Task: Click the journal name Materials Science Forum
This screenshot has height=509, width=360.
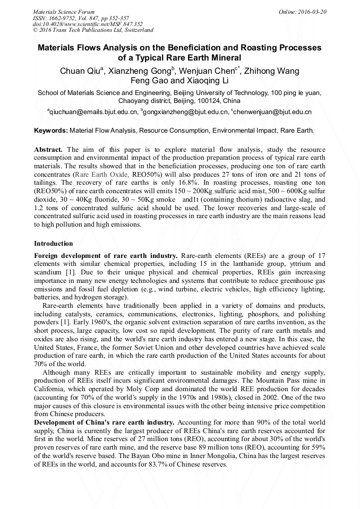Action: [x=64, y=11]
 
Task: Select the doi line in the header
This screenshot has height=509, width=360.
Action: [x=87, y=24]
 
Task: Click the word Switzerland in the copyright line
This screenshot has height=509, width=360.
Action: [x=136, y=30]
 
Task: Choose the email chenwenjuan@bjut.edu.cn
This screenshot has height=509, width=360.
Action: [x=272, y=113]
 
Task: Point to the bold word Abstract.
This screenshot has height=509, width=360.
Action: [x=48, y=150]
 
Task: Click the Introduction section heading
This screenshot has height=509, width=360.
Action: [x=54, y=244]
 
